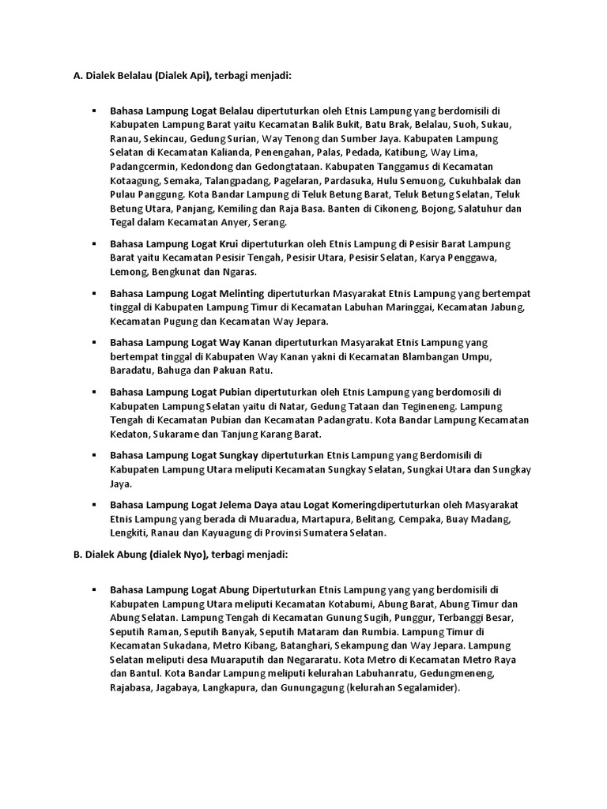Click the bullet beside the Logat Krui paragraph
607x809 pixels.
click(x=93, y=243)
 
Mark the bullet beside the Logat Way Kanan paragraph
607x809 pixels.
click(x=93, y=342)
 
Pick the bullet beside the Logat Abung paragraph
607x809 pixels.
click(x=93, y=589)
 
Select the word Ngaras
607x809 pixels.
click(x=240, y=271)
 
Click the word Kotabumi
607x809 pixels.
click(x=379, y=603)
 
